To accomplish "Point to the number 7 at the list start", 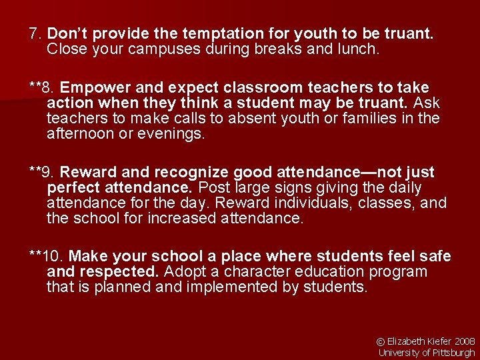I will click(33, 33).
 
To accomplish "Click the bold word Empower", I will click(94, 87).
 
